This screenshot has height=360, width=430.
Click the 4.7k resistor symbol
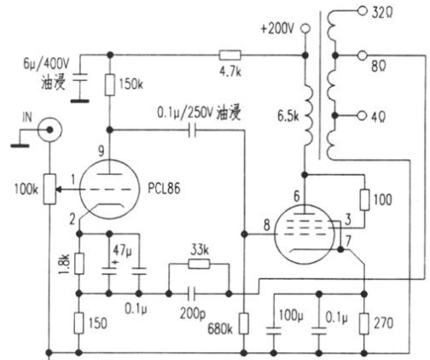230,55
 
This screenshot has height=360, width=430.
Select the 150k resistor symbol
110,84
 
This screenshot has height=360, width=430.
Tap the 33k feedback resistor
199,264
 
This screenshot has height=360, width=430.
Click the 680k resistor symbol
243,323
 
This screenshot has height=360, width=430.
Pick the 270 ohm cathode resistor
364,323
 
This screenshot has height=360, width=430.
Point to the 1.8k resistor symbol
79,264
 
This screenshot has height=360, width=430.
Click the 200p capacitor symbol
192,293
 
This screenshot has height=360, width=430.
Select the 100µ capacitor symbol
274,330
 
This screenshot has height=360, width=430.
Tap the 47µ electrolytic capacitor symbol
109,270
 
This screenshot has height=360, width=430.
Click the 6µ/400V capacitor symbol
80,78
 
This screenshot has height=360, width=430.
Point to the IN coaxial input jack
49,130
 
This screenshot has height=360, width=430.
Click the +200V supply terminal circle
305,28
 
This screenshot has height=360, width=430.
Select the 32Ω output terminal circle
363,11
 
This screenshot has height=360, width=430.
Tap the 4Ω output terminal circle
362,116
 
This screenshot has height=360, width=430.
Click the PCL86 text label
164,189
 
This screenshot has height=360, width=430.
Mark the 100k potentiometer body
49,189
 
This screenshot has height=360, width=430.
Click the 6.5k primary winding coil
308,115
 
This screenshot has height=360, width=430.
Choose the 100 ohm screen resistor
364,200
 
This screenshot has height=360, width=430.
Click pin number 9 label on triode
102,151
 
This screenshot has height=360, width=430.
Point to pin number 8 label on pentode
266,225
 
